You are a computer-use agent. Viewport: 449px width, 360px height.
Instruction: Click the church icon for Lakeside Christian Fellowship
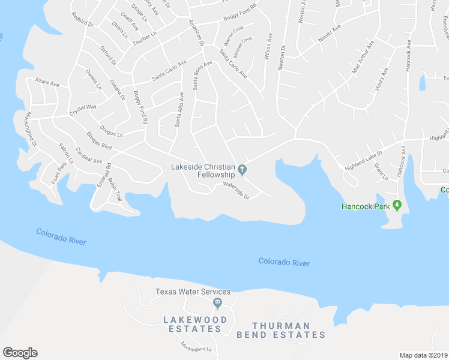pyautogui.click(x=243, y=170)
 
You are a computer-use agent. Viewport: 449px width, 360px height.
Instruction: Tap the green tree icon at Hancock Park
pyautogui.click(x=397, y=206)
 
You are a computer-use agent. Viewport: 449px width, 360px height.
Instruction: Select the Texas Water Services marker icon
pyautogui.click(x=218, y=302)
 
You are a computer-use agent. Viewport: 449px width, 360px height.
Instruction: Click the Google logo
pyautogui.click(x=20, y=353)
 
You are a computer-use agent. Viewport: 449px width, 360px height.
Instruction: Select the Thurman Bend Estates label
pyautogui.click(x=281, y=330)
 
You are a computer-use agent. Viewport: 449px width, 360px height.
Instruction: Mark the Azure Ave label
pyautogui.click(x=47, y=83)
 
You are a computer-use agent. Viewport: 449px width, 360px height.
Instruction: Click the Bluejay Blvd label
pyautogui.click(x=99, y=141)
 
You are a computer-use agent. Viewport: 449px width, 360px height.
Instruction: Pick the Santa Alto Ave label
pyautogui.click(x=179, y=110)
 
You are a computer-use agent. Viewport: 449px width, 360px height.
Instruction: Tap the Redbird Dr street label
pyautogui.click(x=83, y=20)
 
